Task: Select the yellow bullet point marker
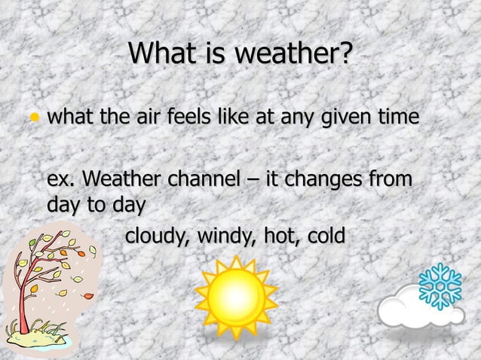click(x=33, y=119)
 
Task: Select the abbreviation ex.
click(x=61, y=182)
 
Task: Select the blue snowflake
click(x=440, y=286)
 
